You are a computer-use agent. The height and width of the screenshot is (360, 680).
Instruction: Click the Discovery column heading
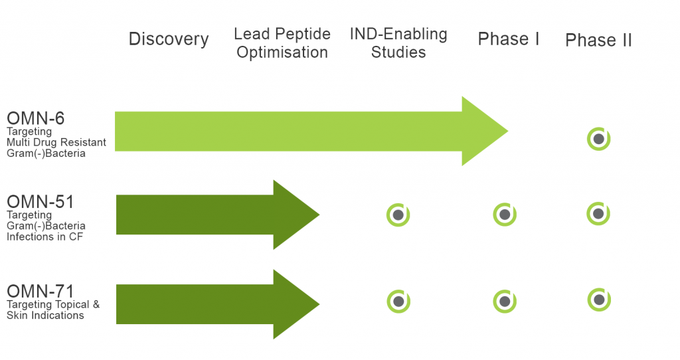click(169, 39)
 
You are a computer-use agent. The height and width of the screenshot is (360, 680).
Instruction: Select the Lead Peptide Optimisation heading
click(282, 43)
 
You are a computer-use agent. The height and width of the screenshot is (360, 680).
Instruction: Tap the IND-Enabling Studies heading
click(398, 43)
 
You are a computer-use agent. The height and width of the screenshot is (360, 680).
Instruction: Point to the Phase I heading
click(508, 39)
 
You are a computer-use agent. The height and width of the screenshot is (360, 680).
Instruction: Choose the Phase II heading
click(598, 41)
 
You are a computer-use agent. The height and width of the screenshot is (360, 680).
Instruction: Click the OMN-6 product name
click(36, 118)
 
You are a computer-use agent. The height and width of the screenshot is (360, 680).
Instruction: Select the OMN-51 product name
click(41, 202)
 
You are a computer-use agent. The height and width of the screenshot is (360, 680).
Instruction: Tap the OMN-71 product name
click(41, 291)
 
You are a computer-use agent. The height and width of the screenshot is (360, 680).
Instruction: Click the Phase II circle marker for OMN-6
click(598, 139)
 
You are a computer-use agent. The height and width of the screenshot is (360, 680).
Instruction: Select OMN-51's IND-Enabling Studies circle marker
click(398, 215)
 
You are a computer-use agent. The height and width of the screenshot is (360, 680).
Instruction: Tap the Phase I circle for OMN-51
click(505, 215)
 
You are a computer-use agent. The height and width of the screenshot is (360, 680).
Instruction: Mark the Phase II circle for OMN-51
click(598, 213)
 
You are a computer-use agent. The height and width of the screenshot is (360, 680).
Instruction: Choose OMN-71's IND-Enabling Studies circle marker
click(398, 302)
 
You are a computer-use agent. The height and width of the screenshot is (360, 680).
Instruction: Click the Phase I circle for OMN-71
click(505, 302)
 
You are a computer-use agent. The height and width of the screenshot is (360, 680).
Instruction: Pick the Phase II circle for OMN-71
click(599, 300)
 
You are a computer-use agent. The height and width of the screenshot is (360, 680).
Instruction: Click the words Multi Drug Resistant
click(56, 142)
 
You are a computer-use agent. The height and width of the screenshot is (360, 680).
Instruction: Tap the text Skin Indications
click(45, 315)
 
